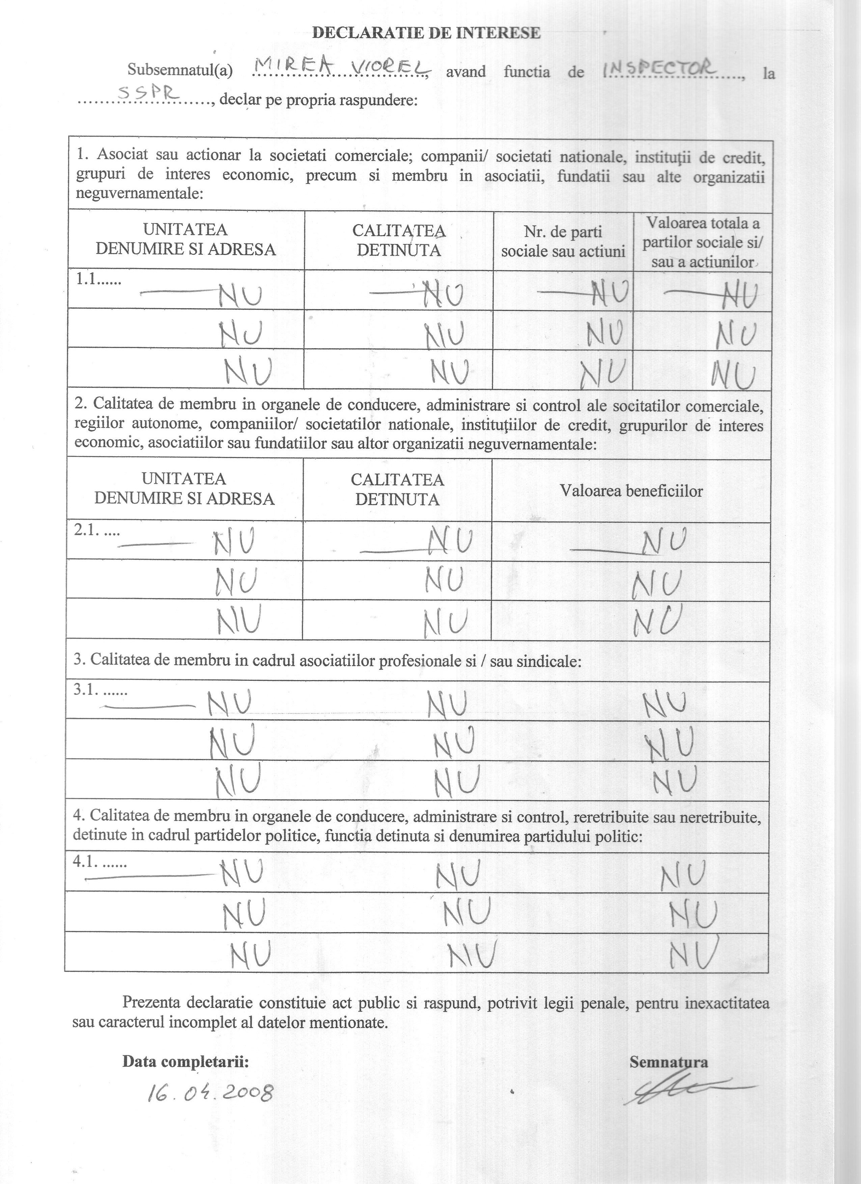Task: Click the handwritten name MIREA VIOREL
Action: pyautogui.click(x=341, y=66)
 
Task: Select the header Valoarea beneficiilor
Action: pyautogui.click(x=631, y=491)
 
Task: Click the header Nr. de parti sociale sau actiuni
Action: pyautogui.click(x=563, y=242)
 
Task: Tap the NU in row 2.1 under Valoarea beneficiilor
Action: pyautogui.click(x=662, y=543)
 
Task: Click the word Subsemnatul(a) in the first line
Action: pyautogui.click(x=180, y=71)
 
